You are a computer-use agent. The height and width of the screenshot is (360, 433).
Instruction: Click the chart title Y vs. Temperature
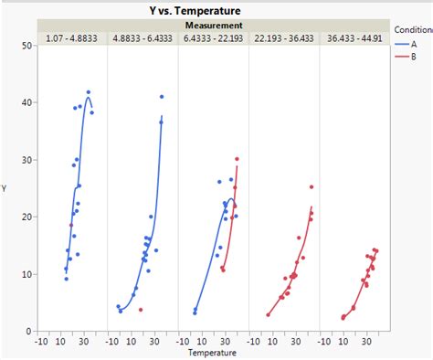(216, 9)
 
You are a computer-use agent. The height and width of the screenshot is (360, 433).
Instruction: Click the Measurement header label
(215, 25)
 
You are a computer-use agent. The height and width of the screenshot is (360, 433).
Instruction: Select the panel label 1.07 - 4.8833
(72, 37)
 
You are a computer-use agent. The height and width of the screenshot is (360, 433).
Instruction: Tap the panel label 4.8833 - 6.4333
(143, 37)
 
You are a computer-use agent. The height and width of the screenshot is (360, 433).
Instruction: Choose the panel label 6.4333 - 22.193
(214, 37)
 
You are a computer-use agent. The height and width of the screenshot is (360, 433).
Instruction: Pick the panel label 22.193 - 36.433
(285, 37)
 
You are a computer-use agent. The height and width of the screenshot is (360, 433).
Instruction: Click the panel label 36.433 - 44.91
(355, 37)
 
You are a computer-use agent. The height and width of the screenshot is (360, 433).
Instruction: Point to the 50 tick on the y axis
(28, 45)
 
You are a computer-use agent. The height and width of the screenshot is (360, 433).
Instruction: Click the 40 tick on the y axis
(28, 102)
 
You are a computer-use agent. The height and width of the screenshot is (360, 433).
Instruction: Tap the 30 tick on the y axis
(28, 160)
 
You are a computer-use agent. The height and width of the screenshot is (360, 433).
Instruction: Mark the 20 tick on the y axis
(28, 217)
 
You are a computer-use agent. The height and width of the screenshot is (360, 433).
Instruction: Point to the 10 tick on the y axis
(28, 274)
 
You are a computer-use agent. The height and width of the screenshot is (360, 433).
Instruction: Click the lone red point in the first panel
(71, 225)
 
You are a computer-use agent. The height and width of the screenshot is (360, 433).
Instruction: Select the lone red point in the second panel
(141, 310)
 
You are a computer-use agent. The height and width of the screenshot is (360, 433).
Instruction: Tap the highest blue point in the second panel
(162, 96)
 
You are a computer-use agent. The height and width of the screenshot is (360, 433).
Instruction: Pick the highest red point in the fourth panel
(312, 186)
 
